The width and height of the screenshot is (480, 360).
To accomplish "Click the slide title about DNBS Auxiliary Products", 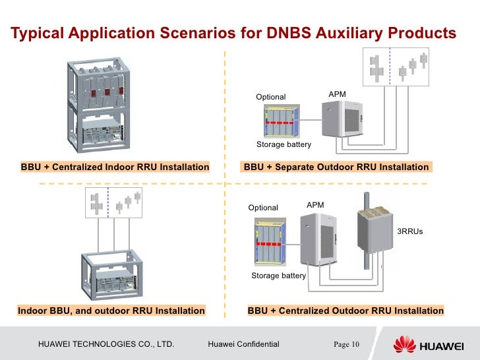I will click(x=233, y=33).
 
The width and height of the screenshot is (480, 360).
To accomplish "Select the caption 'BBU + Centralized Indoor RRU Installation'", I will click(x=115, y=167).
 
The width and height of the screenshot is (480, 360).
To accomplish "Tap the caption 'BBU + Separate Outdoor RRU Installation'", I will click(x=336, y=167).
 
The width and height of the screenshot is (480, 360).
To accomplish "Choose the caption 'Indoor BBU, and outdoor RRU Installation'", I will click(x=111, y=311).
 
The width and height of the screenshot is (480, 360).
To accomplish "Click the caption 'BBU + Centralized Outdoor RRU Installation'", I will click(x=345, y=311).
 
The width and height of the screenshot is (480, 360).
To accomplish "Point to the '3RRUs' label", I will click(x=409, y=232).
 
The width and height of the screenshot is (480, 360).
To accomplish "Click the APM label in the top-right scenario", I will click(x=337, y=95).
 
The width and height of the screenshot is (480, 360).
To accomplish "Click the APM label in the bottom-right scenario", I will click(x=315, y=206).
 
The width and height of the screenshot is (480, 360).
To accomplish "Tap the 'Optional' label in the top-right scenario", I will click(x=270, y=97).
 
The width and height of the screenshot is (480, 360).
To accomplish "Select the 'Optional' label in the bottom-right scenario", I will click(x=263, y=208).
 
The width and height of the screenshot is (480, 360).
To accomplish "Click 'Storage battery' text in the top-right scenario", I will click(x=284, y=144).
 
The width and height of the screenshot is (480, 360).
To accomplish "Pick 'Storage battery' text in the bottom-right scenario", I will click(x=278, y=276).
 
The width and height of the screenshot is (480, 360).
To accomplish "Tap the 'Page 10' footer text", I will click(x=345, y=344).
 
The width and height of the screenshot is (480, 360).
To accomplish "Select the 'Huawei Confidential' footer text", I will click(x=243, y=344).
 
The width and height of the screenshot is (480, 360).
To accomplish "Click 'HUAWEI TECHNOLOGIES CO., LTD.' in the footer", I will click(x=106, y=344).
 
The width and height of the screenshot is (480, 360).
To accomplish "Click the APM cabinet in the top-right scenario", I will click(x=342, y=119).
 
